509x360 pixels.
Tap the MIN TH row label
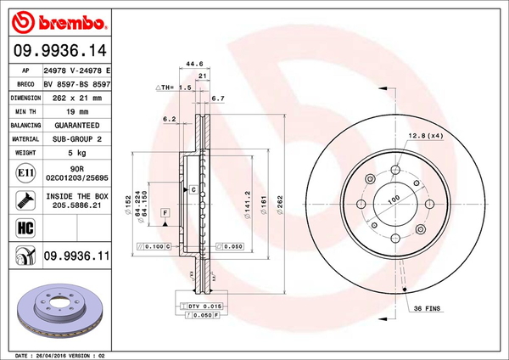click(25, 111)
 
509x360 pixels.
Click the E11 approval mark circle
click(25, 174)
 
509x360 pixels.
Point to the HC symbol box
click(25, 228)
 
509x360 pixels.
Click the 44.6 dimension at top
click(194, 61)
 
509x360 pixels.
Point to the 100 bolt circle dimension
click(393, 199)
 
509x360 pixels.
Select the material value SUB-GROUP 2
click(78, 138)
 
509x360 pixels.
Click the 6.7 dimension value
click(218, 98)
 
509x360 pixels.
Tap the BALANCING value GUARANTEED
click(78, 125)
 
